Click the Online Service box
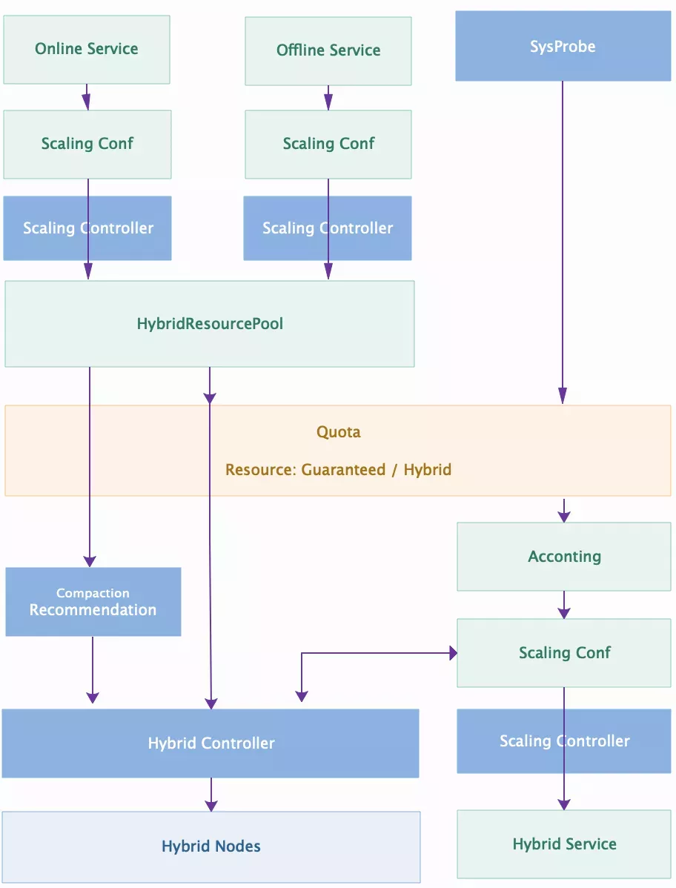(87, 50)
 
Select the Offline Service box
(328, 51)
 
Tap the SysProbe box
(563, 47)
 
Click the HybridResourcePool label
(210, 324)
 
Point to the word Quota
(339, 432)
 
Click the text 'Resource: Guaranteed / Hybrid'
(339, 470)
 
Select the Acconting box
(564, 557)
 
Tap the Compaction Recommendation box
(93, 602)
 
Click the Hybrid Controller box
(211, 743)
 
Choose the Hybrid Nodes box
(211, 846)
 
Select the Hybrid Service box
(564, 844)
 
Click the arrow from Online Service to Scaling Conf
(87, 97)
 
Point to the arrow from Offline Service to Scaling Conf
(328, 98)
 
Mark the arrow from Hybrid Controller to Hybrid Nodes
(211, 795)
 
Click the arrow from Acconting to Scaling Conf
(564, 605)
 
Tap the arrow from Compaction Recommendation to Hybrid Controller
(93, 669)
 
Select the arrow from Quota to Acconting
(564, 510)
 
